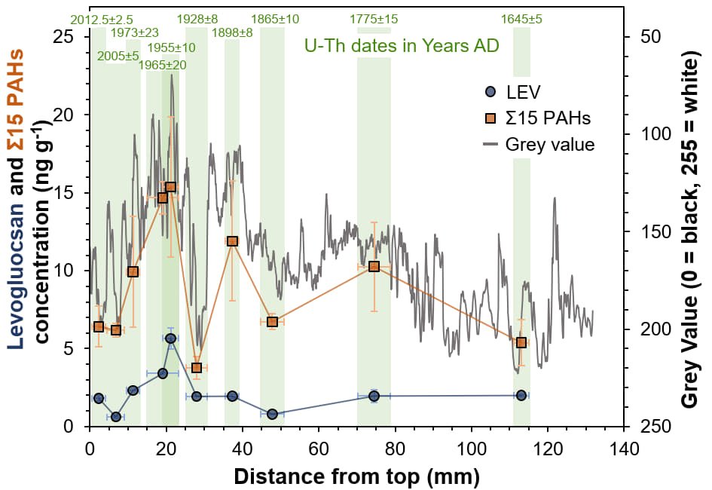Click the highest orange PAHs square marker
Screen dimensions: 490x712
click(170, 187)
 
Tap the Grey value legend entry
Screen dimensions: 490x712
click(532, 145)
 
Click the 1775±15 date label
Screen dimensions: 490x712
click(374, 18)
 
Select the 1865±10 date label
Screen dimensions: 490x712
click(275, 18)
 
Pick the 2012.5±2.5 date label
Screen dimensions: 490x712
click(102, 18)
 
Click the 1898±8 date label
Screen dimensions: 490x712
click(232, 32)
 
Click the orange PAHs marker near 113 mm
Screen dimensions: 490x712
click(521, 343)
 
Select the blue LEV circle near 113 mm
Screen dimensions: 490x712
click(521, 395)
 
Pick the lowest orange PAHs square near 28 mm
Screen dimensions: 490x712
click(197, 368)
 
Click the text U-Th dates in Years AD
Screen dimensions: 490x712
click(402, 45)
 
